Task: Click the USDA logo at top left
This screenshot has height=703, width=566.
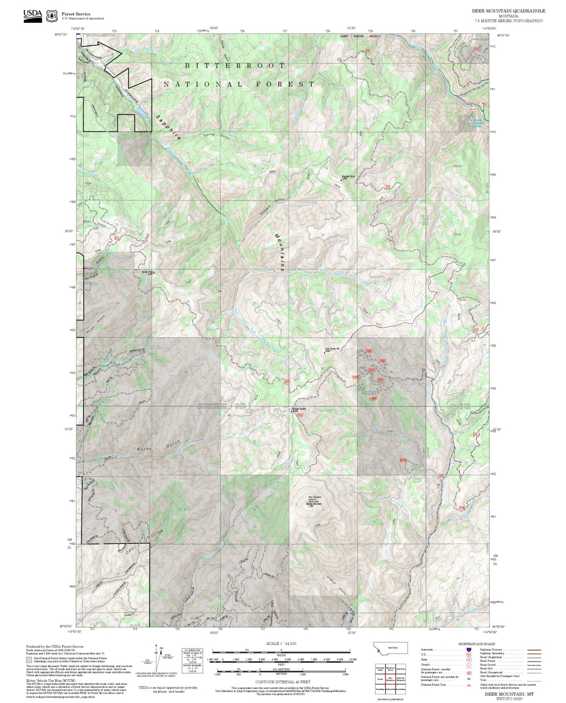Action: (33, 16)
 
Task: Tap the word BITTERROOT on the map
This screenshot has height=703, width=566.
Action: (235, 66)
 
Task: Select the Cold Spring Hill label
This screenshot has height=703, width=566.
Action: (332, 349)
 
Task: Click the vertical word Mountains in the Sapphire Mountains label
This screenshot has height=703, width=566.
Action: (279, 252)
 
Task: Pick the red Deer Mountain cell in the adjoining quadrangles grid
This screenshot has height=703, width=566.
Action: (390, 679)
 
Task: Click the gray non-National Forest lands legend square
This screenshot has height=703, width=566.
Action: (29, 659)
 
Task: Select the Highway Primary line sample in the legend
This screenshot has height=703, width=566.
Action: (534, 650)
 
